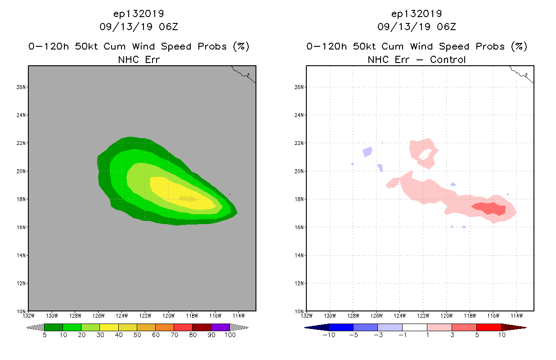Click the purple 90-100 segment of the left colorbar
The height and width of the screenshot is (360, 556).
(220, 327)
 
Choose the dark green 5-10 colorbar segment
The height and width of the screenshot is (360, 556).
(54, 327)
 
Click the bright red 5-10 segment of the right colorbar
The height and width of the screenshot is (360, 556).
(488, 327)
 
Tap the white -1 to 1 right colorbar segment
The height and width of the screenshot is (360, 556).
(414, 327)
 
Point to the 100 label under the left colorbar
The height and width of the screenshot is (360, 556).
(230, 335)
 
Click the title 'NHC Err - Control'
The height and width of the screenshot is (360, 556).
(417, 59)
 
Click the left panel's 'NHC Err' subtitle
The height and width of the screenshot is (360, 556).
(139, 59)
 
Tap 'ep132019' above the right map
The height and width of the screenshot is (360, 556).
(417, 13)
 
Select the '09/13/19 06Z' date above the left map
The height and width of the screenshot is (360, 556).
(139, 27)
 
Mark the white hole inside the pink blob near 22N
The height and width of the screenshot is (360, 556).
(425, 155)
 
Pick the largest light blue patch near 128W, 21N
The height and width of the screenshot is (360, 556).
(368, 152)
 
